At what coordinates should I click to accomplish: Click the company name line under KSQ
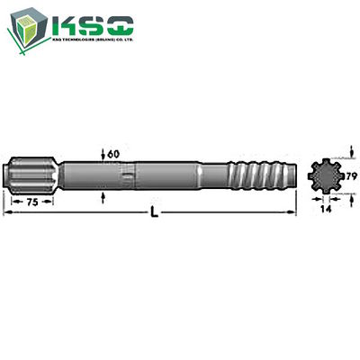95,42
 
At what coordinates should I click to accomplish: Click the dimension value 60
113,154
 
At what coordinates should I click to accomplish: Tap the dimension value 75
30,202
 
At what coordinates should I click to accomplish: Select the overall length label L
158,211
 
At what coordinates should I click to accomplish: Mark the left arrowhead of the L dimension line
7,212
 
